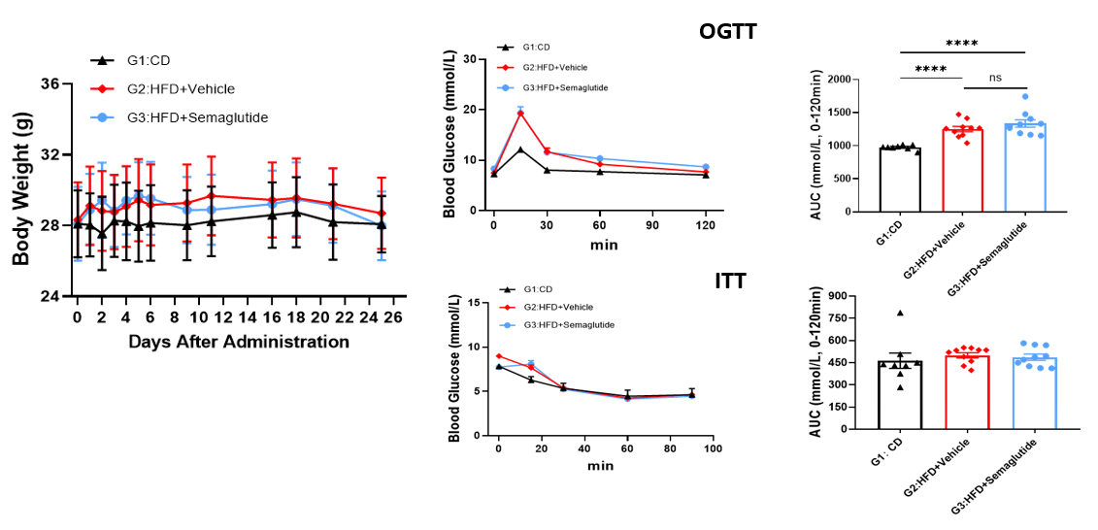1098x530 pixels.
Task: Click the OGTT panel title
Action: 727,31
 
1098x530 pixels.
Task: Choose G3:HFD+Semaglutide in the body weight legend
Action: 197,118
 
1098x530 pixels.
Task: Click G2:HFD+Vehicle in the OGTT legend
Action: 554,67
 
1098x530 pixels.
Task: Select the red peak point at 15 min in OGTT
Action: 520,113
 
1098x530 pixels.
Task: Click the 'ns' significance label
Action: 995,78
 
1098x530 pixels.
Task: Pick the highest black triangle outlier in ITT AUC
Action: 901,313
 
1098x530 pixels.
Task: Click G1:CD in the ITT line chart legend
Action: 537,289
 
